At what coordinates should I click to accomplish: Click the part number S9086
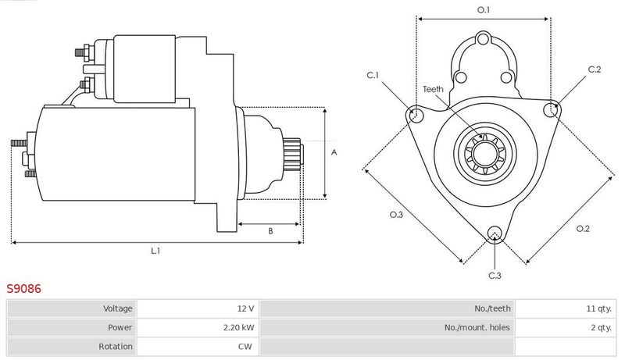[23, 289]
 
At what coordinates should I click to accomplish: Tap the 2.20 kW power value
[238, 328]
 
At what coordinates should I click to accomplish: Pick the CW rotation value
[245, 347]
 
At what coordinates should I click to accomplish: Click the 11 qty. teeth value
[598, 308]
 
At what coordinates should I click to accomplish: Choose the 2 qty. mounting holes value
[601, 328]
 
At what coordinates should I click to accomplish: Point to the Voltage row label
[118, 308]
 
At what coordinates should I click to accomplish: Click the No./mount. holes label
[477, 328]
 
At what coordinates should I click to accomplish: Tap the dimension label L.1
[155, 251]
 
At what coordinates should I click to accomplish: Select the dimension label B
[270, 231]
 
